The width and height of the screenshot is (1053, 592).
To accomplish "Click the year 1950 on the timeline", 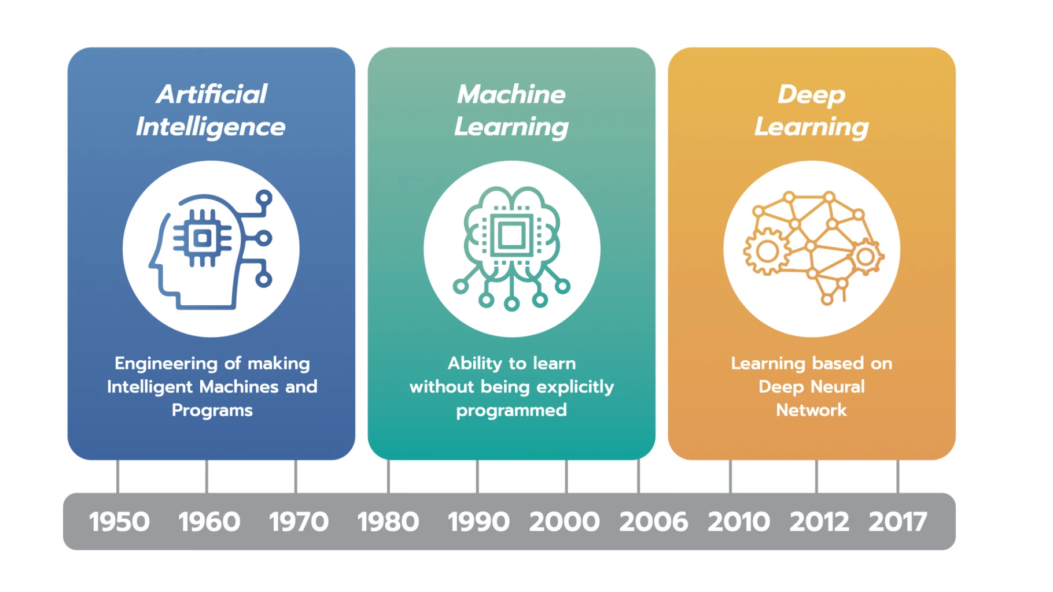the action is (119, 521).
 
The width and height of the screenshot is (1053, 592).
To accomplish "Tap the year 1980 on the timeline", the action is (388, 521).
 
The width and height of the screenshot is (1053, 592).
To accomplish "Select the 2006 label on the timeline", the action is (654, 521).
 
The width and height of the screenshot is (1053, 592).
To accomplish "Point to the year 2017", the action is (898, 521).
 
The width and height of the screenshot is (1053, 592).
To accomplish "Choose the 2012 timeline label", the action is (819, 521).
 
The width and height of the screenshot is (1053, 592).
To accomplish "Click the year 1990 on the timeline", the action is (478, 521).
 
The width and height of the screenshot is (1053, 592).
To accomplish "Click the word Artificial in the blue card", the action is (212, 94).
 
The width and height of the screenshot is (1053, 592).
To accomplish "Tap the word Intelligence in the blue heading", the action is (211, 127).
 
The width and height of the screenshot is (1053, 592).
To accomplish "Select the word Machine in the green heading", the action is (511, 94).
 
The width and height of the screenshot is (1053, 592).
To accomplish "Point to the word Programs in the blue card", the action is (212, 410).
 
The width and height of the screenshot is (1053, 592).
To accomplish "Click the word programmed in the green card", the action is (511, 410).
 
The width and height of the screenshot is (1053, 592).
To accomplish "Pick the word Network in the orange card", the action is (811, 410).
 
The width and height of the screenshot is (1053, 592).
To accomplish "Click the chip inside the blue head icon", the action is (203, 238).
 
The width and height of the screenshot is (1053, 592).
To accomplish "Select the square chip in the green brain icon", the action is (511, 235).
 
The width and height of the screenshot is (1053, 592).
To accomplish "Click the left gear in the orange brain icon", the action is (767, 251).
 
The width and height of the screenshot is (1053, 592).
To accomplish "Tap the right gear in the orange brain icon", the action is (866, 256).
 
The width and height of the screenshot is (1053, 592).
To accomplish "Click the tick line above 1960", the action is (207, 476).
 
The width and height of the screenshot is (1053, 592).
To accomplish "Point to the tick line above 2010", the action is (730, 476).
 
